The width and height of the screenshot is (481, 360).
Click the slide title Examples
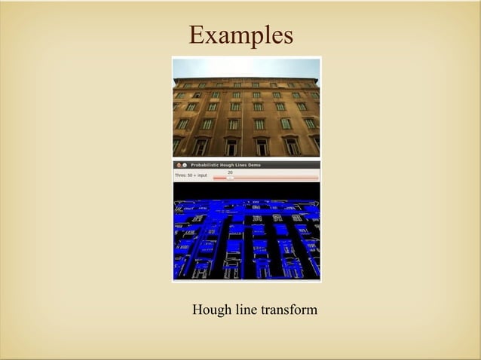[x=240, y=35]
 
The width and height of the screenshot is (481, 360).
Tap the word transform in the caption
[x=289, y=310]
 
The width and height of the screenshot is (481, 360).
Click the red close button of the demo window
[x=178, y=164]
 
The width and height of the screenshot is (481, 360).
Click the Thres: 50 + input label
[x=191, y=175]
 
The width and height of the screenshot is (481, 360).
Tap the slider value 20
[x=230, y=172]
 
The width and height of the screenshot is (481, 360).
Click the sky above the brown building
[x=247, y=68]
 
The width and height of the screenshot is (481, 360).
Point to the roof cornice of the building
[x=247, y=80]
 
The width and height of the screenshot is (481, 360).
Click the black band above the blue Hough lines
[x=247, y=191]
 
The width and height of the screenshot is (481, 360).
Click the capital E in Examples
[x=197, y=35]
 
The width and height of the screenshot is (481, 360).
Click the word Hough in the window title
[x=234, y=164]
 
